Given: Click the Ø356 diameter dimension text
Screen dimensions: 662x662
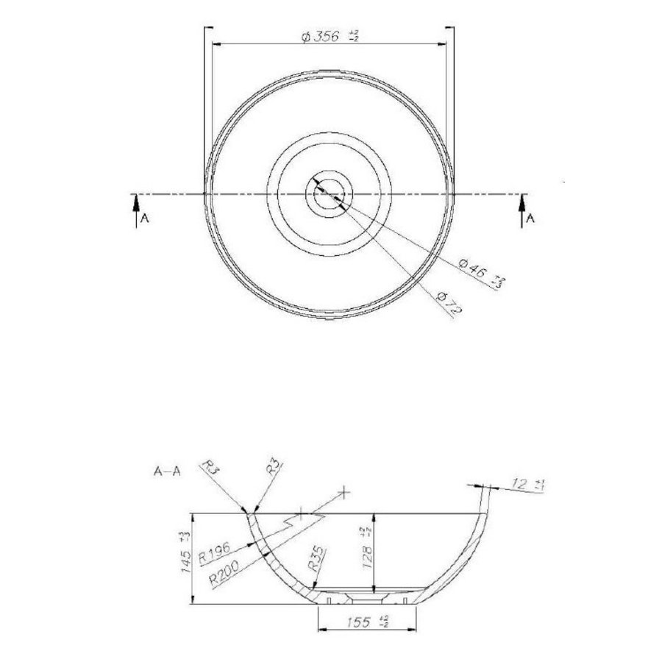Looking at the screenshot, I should (330, 38).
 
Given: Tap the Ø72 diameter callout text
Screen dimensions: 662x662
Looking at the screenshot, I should (449, 303).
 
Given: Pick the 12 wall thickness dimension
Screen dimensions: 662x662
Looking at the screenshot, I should (529, 484).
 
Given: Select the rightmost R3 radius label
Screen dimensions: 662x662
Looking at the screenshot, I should (273, 468).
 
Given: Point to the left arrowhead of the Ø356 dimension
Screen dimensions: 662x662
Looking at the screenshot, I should (214, 43).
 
